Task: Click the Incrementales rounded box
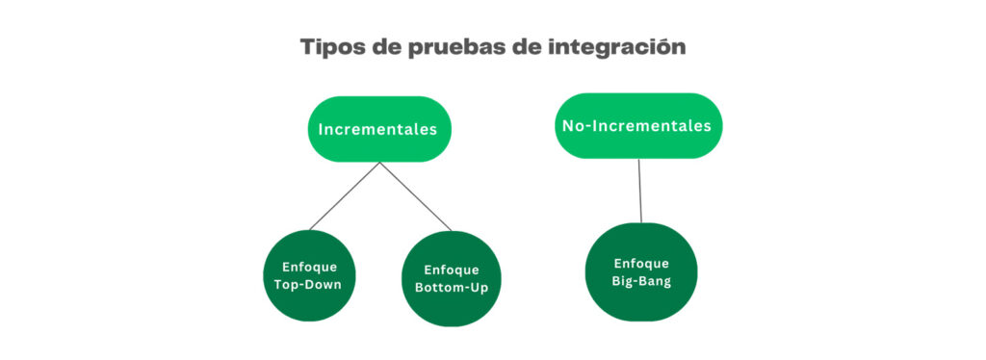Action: pyautogui.click(x=379, y=129)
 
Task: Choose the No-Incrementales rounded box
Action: pyautogui.click(x=638, y=126)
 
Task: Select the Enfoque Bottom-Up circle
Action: pyautogui.click(x=451, y=278)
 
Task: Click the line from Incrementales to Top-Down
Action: pyautogui.click(x=345, y=196)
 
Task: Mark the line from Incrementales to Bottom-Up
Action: pyautogui.click(x=415, y=196)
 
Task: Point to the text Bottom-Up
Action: pyautogui.click(x=451, y=288)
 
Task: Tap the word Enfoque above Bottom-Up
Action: pyautogui.click(x=451, y=270)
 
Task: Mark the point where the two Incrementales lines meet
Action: pyautogui.click(x=380, y=163)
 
